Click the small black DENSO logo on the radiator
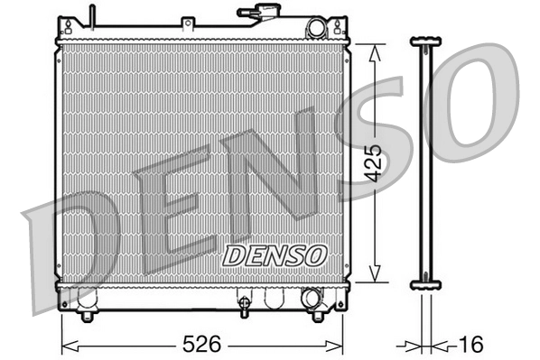coord(274,255)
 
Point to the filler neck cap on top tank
coord(257,13)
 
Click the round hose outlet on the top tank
coord(315,29)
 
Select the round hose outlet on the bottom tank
coord(312,298)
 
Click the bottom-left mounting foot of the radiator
coord(86,316)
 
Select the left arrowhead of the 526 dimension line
coord(66,345)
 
